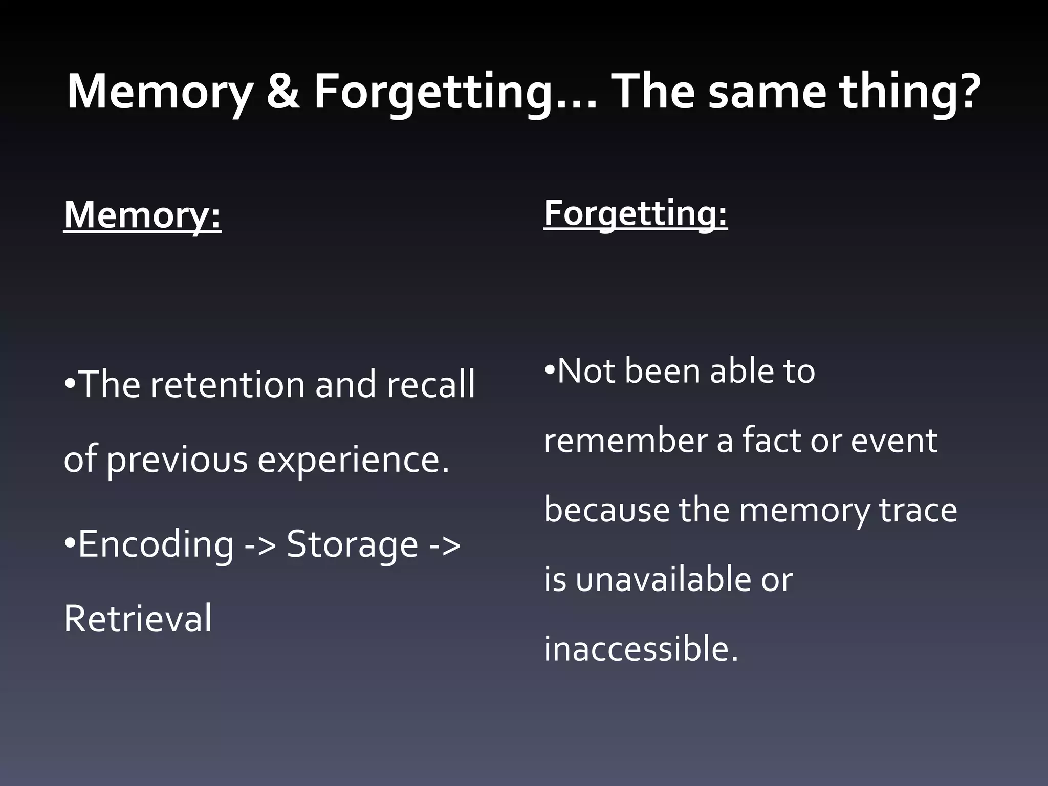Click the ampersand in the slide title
[x=283, y=92]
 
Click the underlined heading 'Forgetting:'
[x=635, y=214]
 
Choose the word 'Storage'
[x=353, y=544]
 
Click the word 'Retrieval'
[x=138, y=619]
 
